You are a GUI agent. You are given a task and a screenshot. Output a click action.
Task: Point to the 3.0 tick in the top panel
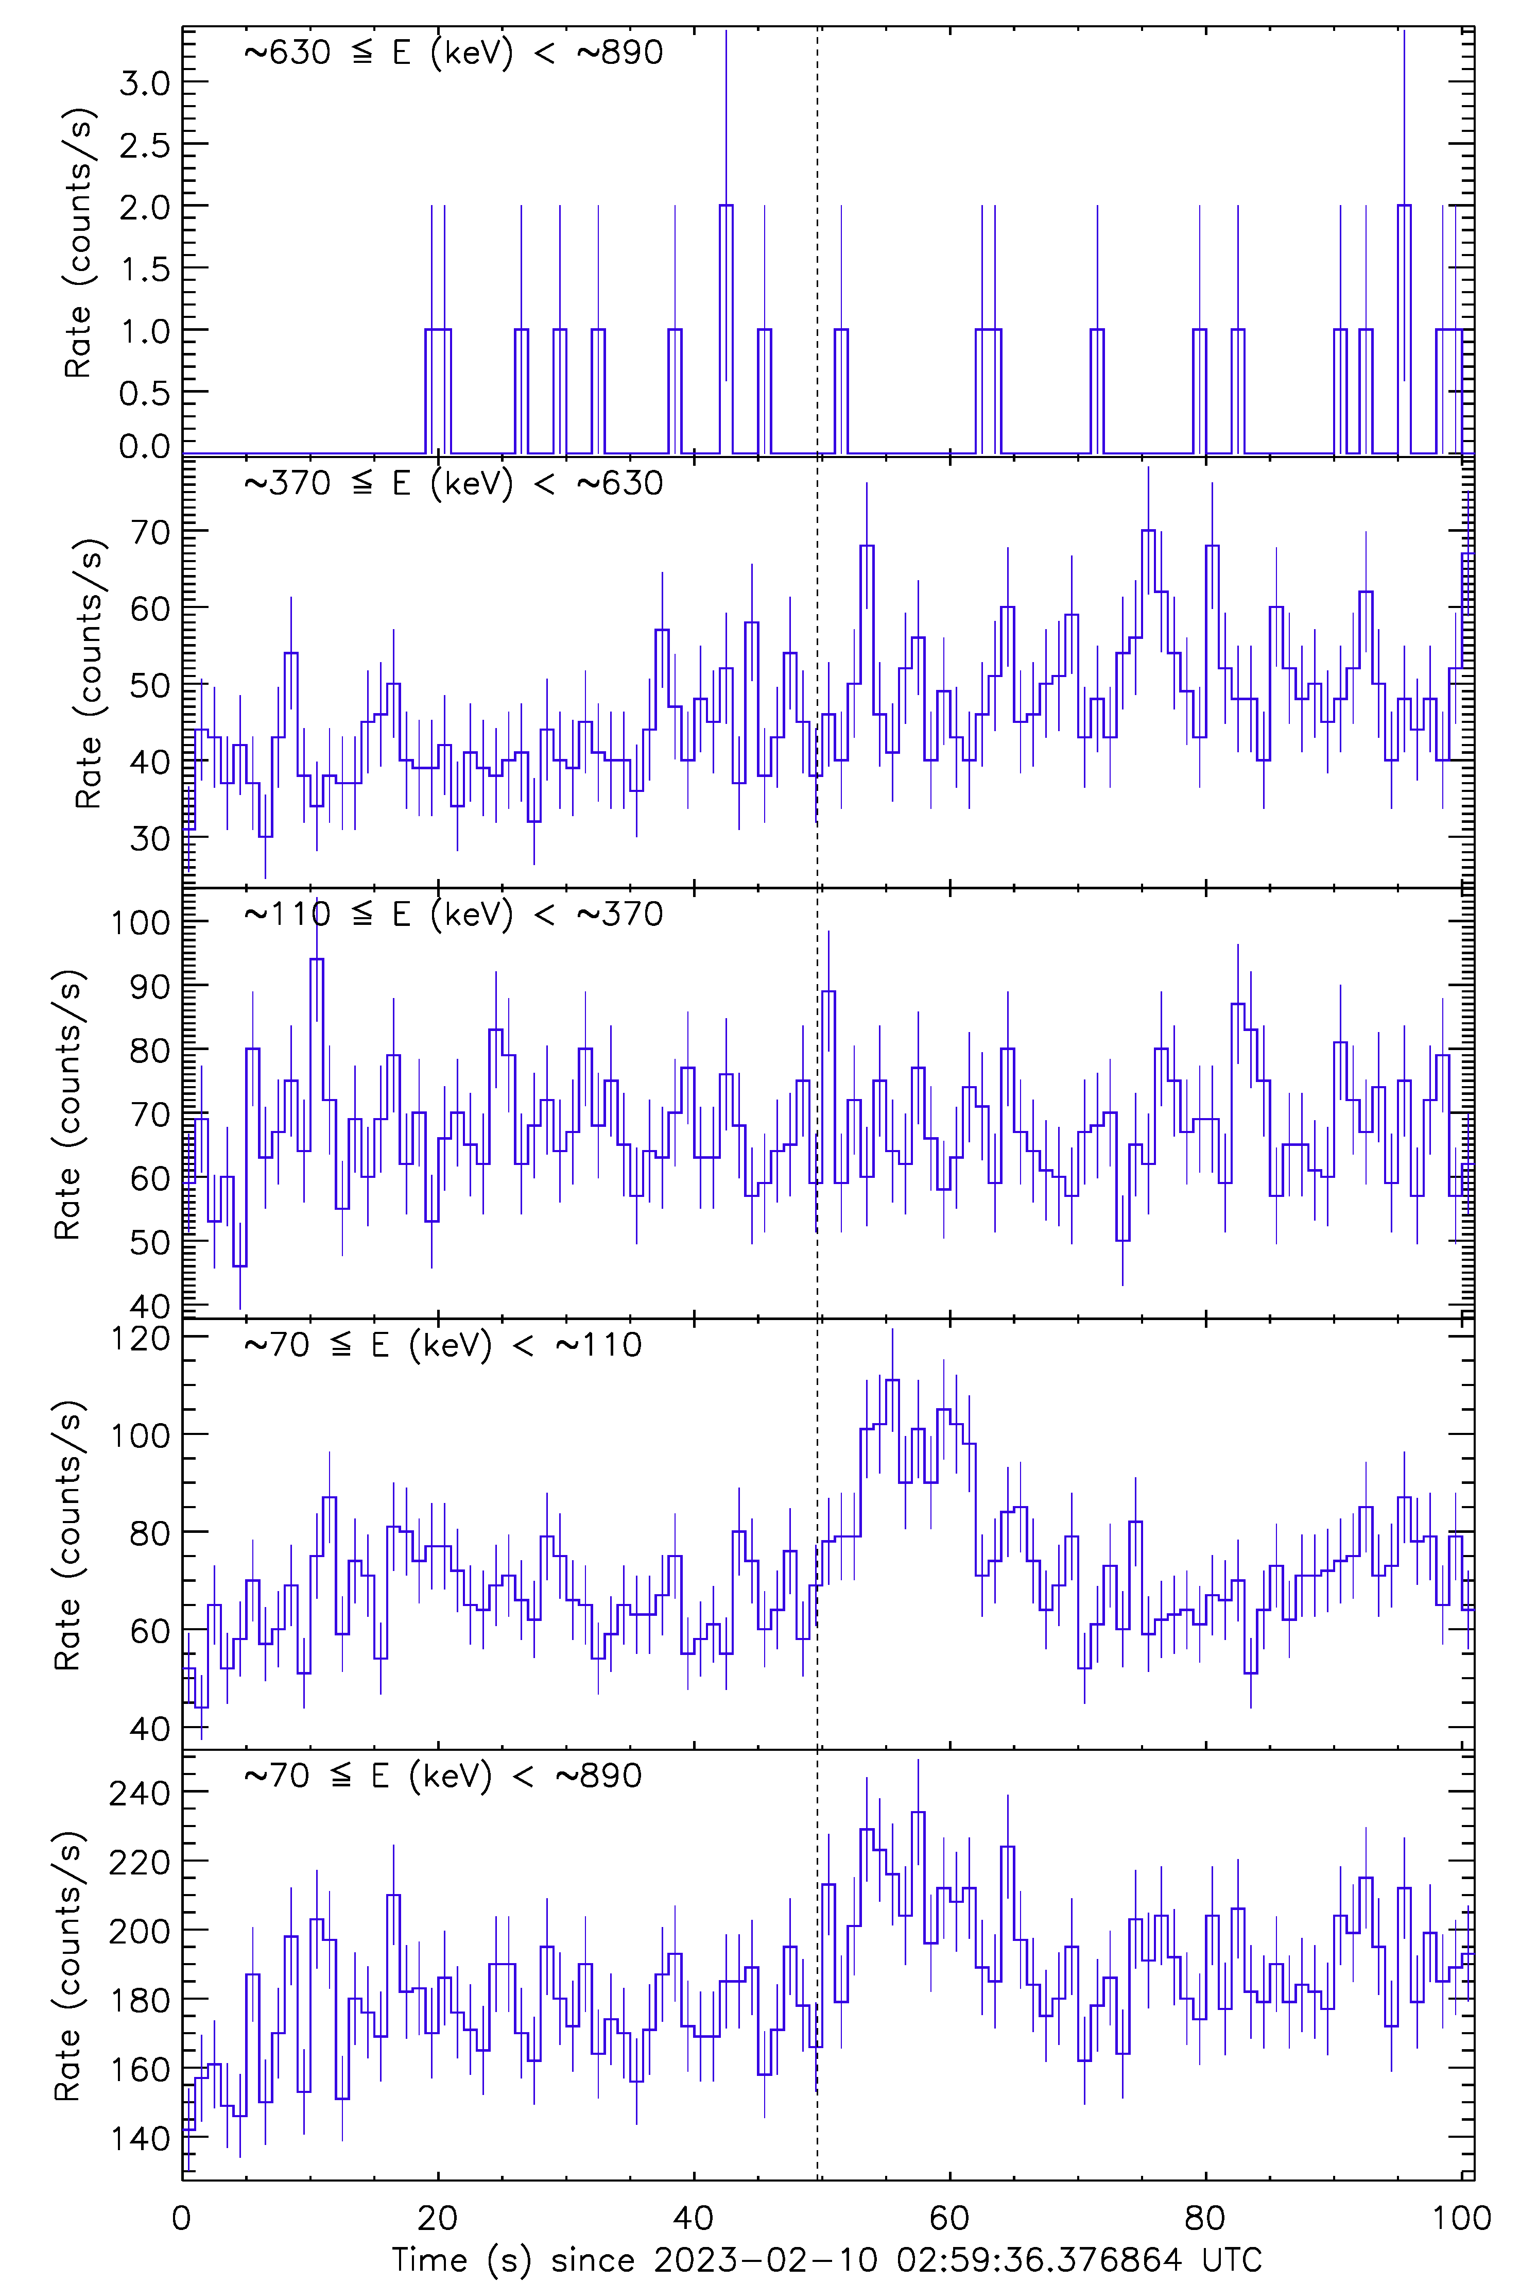tap(145, 83)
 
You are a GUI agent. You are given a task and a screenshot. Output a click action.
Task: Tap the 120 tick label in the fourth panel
tap(141, 1338)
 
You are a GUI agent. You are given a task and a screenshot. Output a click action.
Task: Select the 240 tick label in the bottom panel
tap(141, 1793)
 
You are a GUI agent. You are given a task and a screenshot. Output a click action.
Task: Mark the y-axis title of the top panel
tap(78, 243)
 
